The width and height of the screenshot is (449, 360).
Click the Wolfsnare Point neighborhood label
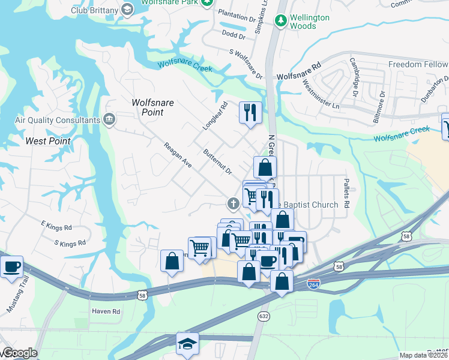152,107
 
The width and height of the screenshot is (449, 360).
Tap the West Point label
48,141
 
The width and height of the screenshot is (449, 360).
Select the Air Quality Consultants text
58,120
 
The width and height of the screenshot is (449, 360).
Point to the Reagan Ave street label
178,155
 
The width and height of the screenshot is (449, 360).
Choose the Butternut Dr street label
217,163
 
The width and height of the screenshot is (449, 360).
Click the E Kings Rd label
56,227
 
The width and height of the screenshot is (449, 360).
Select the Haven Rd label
106,311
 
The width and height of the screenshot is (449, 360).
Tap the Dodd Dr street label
234,35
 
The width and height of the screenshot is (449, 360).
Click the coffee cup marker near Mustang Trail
11,265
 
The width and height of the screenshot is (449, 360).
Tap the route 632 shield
264,316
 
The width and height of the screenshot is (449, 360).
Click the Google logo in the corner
19,353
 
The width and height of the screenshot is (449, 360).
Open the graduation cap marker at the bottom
187,344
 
